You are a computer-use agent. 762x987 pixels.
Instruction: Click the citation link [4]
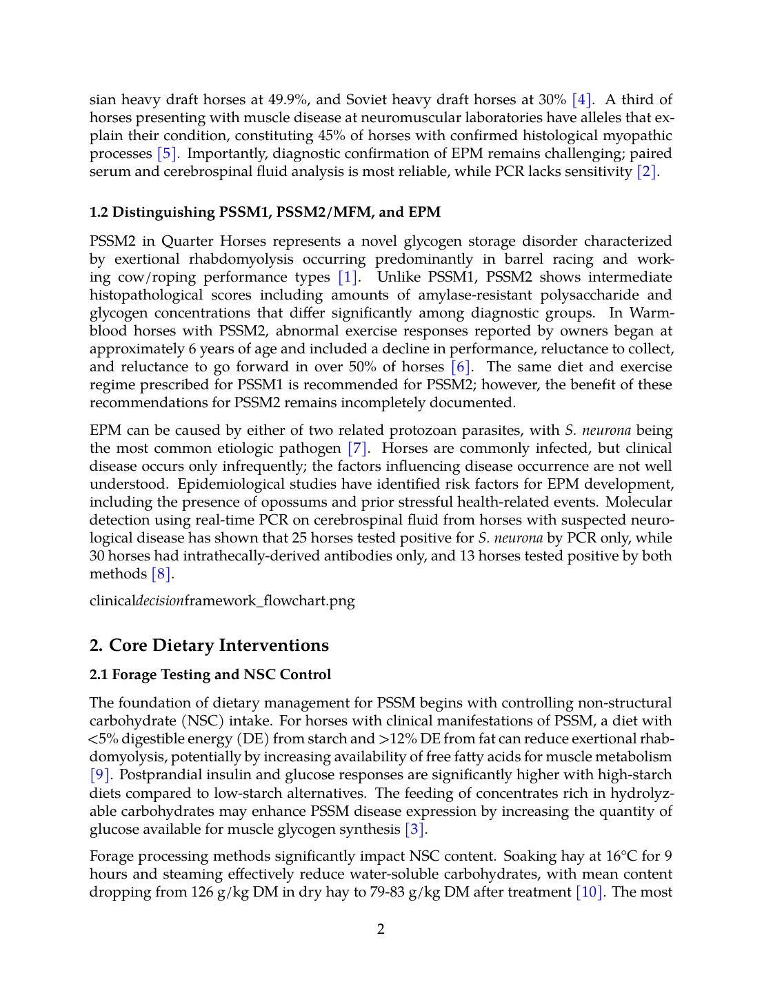[582, 99]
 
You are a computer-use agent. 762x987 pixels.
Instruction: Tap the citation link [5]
[168, 153]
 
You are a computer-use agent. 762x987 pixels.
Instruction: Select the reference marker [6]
[461, 367]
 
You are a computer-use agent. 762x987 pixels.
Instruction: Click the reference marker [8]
[162, 574]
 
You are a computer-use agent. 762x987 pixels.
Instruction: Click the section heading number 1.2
[99, 212]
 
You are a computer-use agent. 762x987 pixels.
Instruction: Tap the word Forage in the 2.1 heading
[135, 674]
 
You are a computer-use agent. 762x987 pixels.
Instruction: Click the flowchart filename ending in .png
[222, 600]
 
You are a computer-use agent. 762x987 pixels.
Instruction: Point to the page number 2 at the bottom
[381, 929]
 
